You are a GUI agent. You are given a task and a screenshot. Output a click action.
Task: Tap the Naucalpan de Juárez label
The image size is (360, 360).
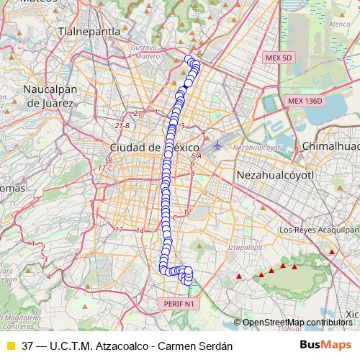[50, 96]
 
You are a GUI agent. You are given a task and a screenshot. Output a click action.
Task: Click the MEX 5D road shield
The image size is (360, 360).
[278, 57]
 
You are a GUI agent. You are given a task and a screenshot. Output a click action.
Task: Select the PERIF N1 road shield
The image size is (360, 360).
[178, 304]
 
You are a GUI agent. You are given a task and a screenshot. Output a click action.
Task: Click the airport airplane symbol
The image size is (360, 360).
[217, 146]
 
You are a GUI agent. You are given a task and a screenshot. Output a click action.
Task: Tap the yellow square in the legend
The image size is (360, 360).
[10, 345]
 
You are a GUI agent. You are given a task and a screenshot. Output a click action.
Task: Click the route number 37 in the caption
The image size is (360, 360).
[27, 345]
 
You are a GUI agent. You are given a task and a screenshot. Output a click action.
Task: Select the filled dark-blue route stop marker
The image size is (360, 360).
[187, 84]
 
